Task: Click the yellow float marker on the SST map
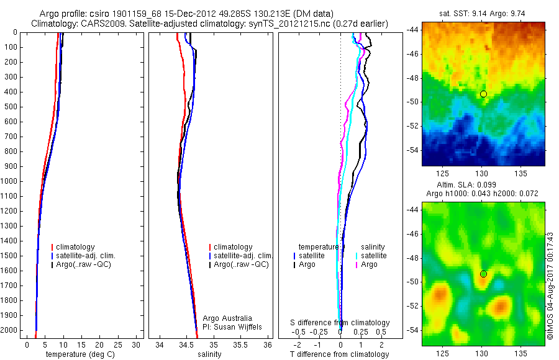pyautogui.click(x=483, y=94)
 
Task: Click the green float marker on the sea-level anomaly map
pyautogui.click(x=483, y=274)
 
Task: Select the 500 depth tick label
pyautogui.click(x=11, y=107)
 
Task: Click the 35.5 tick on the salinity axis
pyautogui.click(x=241, y=344)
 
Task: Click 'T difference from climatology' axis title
pyautogui.click(x=339, y=354)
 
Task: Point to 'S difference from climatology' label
pyautogui.click(x=340, y=323)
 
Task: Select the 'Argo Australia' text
pyautogui.click(x=227, y=318)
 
